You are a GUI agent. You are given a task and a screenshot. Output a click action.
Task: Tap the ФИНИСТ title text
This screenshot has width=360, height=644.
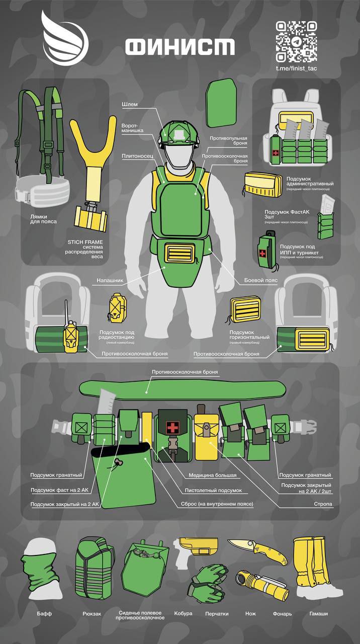[179, 47]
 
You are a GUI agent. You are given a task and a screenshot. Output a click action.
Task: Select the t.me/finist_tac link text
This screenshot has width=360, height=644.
[296, 68]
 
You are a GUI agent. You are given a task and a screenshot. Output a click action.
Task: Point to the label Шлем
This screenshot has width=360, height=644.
[129, 104]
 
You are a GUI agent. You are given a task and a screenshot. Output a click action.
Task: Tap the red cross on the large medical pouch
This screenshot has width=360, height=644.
[173, 428]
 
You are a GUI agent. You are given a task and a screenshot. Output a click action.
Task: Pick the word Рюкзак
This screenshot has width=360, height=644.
[92, 614]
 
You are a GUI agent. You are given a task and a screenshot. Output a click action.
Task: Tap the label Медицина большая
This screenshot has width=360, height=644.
[212, 475]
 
